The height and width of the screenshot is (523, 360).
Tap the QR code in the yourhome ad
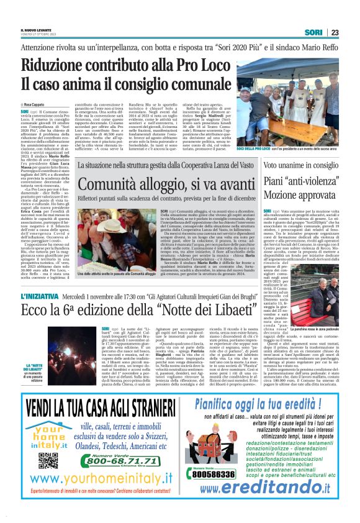(x=48, y=460)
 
